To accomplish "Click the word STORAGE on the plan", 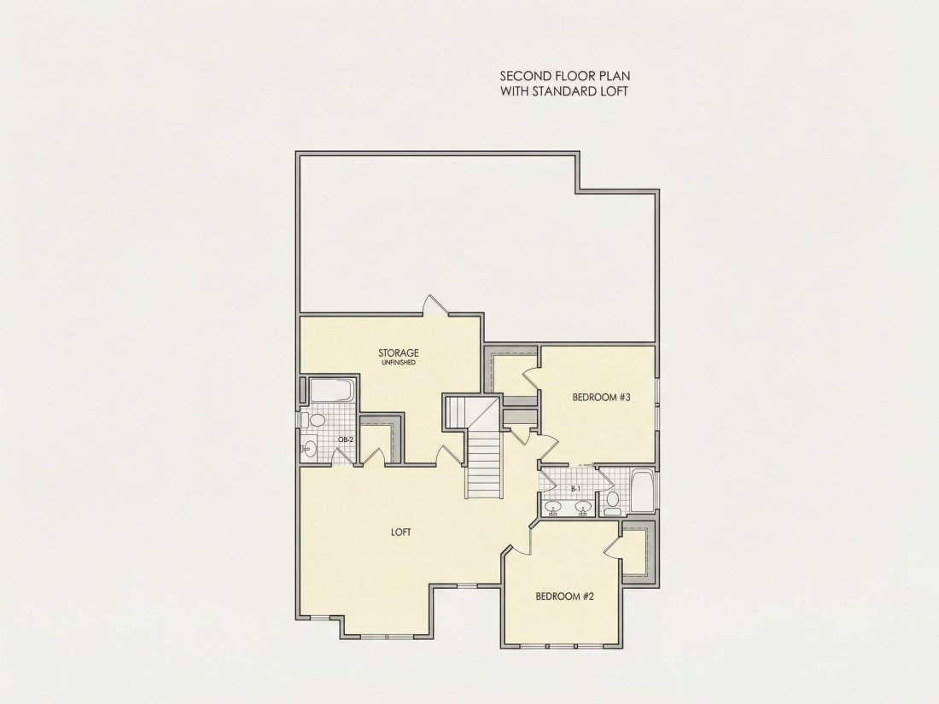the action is [x=399, y=352].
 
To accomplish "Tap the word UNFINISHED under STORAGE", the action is [x=399, y=363].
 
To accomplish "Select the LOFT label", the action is [x=400, y=532].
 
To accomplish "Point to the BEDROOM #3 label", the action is [x=602, y=397].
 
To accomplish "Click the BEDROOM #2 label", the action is [x=565, y=596].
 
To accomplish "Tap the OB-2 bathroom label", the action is [x=346, y=439].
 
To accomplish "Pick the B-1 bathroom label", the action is [x=575, y=489].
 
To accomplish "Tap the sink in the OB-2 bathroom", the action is [x=309, y=448].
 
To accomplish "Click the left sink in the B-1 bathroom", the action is [x=551, y=509].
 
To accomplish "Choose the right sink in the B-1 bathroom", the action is [x=583, y=509].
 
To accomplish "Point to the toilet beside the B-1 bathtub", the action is [x=613, y=502].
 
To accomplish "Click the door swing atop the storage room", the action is [x=435, y=304].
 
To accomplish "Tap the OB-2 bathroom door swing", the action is [x=341, y=456].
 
